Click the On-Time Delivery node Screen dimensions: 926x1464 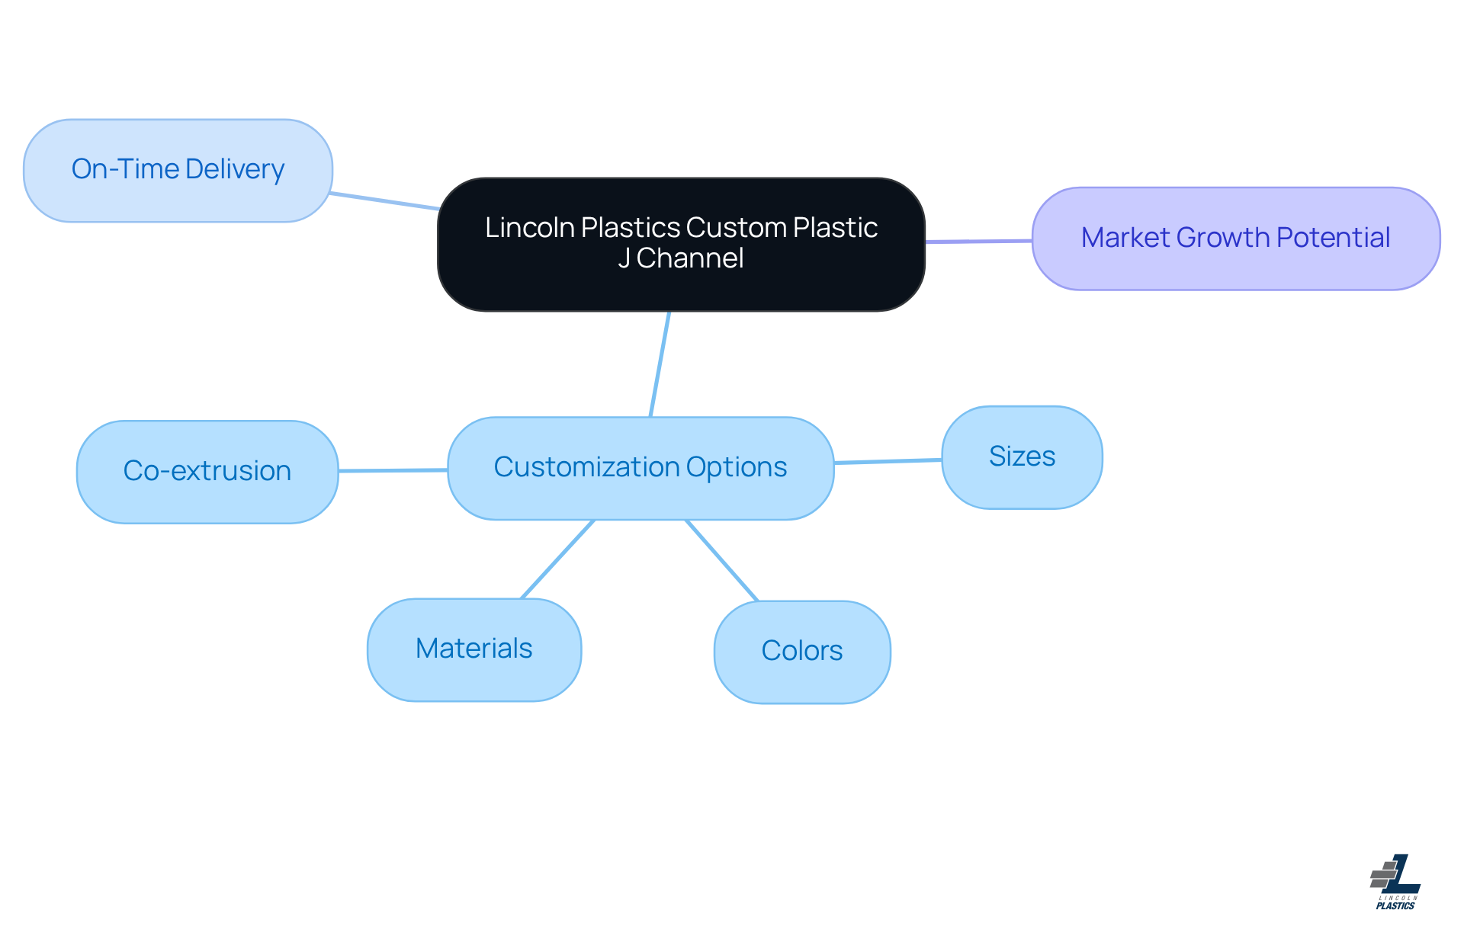[x=178, y=170]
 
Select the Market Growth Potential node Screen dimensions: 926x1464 [x=1235, y=239]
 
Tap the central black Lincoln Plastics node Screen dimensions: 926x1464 [x=681, y=244]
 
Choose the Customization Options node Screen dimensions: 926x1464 [x=640, y=468]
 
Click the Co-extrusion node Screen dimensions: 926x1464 [x=207, y=472]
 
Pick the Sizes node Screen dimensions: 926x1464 [x=1022, y=457]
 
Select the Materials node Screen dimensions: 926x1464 [x=474, y=649]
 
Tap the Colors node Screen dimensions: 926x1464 [x=802, y=652]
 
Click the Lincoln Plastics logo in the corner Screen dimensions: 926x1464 [x=1395, y=882]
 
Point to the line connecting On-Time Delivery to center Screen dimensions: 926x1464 [x=385, y=201]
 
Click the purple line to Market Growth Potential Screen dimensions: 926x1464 [x=979, y=242]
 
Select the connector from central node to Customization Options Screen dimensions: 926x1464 [x=660, y=364]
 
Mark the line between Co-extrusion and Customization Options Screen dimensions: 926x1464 [x=393, y=470]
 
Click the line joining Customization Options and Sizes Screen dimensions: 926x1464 [x=888, y=461]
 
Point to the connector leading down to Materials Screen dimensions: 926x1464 [x=557, y=559]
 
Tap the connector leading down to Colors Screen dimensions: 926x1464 [x=721, y=560]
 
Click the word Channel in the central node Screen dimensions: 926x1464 [x=690, y=258]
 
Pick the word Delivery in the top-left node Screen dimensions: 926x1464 [x=235, y=169]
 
